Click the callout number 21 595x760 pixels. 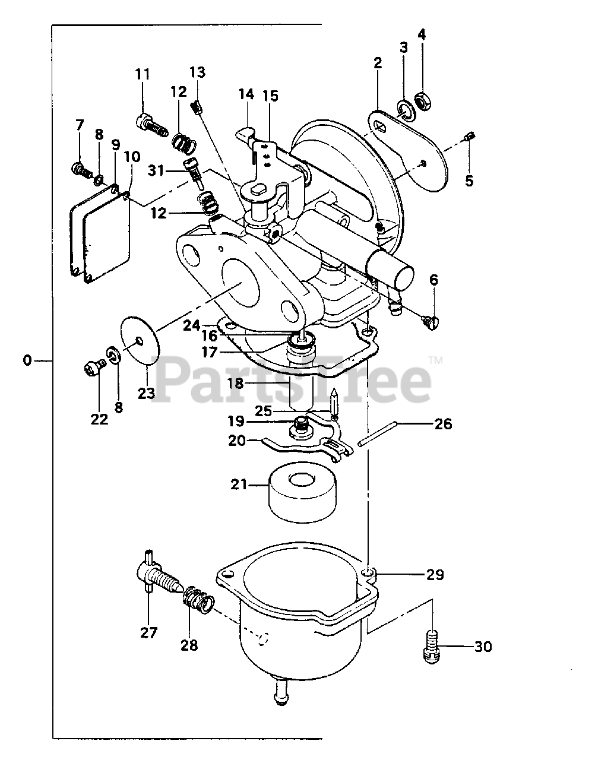(239, 484)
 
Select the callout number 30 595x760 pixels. (483, 647)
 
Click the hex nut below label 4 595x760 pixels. (423, 103)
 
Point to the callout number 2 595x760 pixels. (378, 64)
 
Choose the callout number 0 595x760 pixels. (26, 360)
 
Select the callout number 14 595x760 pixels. (246, 94)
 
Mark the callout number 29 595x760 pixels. (435, 574)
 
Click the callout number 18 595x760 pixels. (236, 383)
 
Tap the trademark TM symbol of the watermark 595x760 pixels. (435, 360)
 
